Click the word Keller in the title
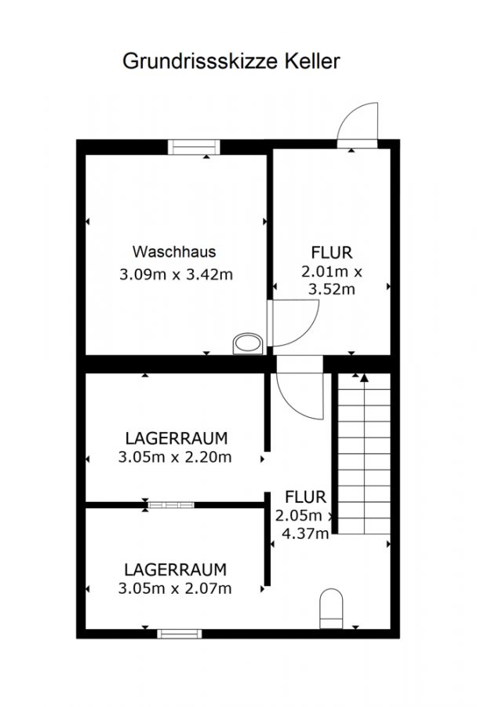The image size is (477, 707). coord(311,60)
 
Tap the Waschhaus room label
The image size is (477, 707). coord(174,251)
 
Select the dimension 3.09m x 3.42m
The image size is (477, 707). coord(176,274)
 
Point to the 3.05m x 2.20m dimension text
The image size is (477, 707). coord(175,457)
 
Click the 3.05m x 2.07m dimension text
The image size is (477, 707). coord(175,588)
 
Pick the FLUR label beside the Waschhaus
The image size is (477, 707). coord(332,252)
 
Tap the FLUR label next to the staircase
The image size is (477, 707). coord(305,497)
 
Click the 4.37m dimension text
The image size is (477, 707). coord(305,534)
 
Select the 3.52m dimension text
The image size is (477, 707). coord(332,289)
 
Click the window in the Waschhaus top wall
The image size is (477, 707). coord(194,147)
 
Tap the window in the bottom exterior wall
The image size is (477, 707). coord(180,634)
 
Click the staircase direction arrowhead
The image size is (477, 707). coord(364,378)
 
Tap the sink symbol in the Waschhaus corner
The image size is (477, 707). coord(248,344)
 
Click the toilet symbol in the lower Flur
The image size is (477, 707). coord(331,608)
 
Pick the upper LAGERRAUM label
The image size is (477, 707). coord(176,438)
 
